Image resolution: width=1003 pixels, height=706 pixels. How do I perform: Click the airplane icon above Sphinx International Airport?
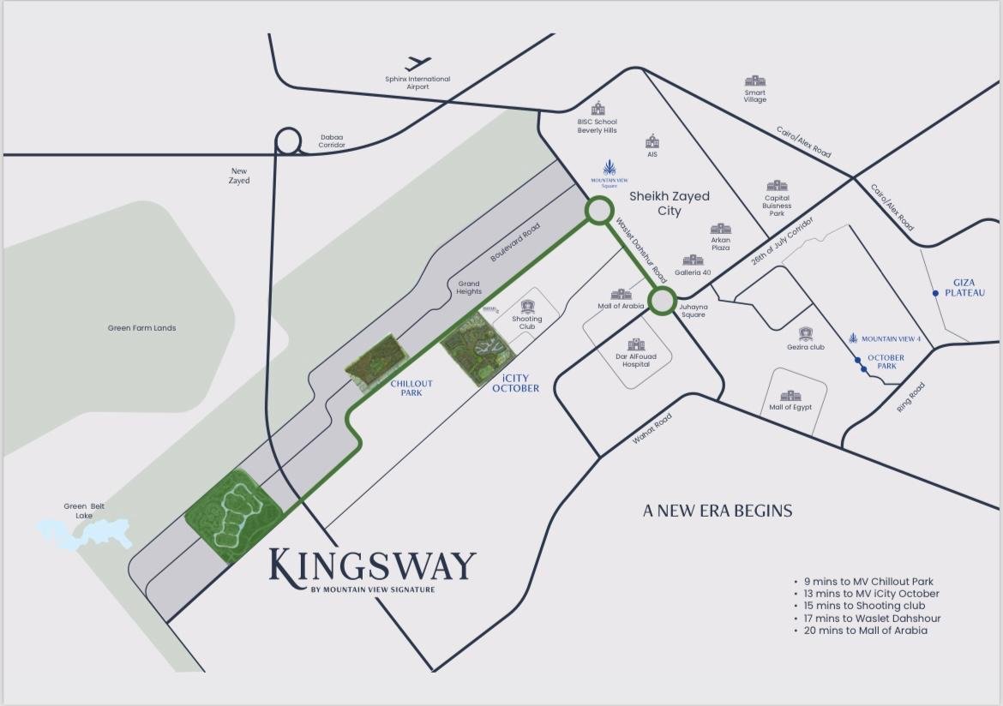pyautogui.click(x=418, y=63)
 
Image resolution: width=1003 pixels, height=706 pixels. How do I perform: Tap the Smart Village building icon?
pyautogui.click(x=754, y=81)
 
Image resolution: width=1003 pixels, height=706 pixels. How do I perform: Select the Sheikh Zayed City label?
pyautogui.click(x=670, y=203)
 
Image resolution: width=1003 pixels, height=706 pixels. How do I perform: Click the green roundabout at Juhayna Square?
pyautogui.click(x=662, y=301)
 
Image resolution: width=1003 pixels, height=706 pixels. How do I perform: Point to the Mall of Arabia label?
pyautogui.click(x=621, y=306)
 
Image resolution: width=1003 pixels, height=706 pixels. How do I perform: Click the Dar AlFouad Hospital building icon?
pyautogui.click(x=636, y=344)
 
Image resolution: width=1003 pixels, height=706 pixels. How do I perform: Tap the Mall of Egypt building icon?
pyautogui.click(x=790, y=396)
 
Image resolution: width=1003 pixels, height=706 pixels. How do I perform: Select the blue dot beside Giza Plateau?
pyautogui.click(x=935, y=293)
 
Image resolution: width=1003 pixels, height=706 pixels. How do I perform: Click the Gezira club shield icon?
pyautogui.click(x=805, y=333)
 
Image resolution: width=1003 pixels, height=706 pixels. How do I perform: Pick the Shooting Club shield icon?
pyautogui.click(x=527, y=306)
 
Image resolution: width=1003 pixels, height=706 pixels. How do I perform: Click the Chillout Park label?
pyautogui.click(x=411, y=388)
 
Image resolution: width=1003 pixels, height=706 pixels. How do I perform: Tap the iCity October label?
pyautogui.click(x=515, y=383)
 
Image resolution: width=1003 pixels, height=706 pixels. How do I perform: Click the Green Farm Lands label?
pyautogui.click(x=141, y=328)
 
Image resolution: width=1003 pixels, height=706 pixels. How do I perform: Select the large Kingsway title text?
pyautogui.click(x=373, y=565)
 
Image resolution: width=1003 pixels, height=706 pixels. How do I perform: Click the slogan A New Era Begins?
pyautogui.click(x=718, y=511)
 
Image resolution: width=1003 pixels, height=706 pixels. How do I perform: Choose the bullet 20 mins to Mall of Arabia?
pyautogui.click(x=866, y=630)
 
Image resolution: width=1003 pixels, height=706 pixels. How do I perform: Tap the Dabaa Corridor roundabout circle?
pyautogui.click(x=289, y=141)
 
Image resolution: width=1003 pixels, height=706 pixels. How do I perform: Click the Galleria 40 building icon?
pyautogui.click(x=693, y=260)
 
